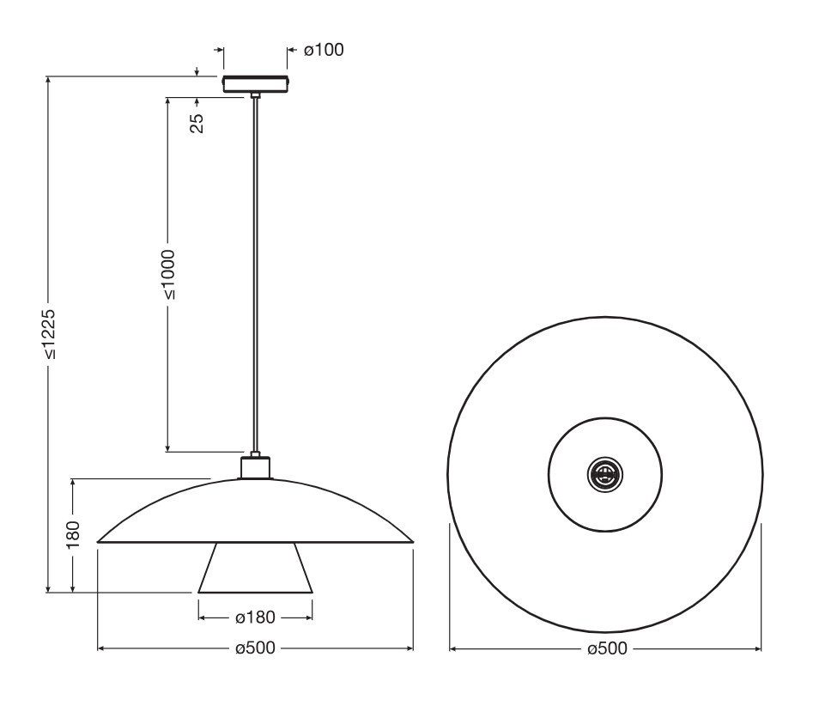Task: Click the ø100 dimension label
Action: tap(324, 50)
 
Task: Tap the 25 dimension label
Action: tap(197, 123)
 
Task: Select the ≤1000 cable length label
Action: tap(168, 275)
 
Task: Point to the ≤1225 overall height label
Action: tap(48, 335)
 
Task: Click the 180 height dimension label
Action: tap(73, 534)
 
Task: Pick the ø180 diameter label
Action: tap(255, 618)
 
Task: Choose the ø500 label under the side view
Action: tap(255, 648)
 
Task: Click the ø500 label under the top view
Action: tap(607, 648)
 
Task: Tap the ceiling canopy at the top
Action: tap(255, 84)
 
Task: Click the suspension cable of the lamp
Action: tap(255, 274)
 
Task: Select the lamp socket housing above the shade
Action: tap(255, 467)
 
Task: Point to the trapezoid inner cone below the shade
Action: tap(255, 568)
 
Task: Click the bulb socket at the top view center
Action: tap(605, 474)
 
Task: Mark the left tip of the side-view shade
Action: tap(98, 542)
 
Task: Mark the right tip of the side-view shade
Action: tap(414, 542)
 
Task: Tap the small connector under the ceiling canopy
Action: tap(255, 95)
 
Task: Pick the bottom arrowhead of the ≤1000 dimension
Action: tap(168, 447)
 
